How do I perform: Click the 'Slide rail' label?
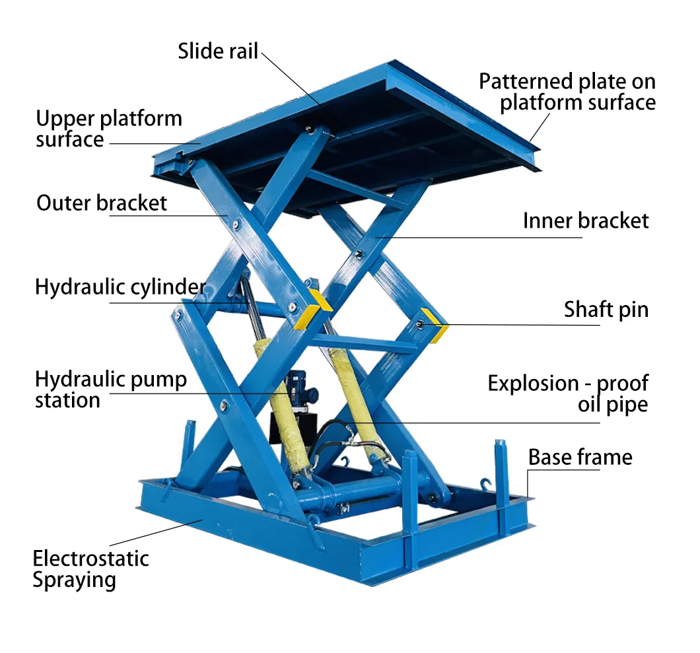(x=217, y=52)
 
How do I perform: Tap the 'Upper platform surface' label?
(x=108, y=129)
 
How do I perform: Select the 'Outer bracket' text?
(x=102, y=203)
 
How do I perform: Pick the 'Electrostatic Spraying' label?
(x=90, y=569)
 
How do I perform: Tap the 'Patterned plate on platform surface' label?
(x=567, y=92)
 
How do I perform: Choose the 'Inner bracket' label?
(x=586, y=221)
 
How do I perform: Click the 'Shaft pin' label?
(x=606, y=309)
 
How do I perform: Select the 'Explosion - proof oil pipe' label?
(x=568, y=394)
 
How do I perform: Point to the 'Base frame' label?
(x=580, y=457)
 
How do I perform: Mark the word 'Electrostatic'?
(x=90, y=559)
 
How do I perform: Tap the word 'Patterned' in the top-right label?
(x=526, y=81)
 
